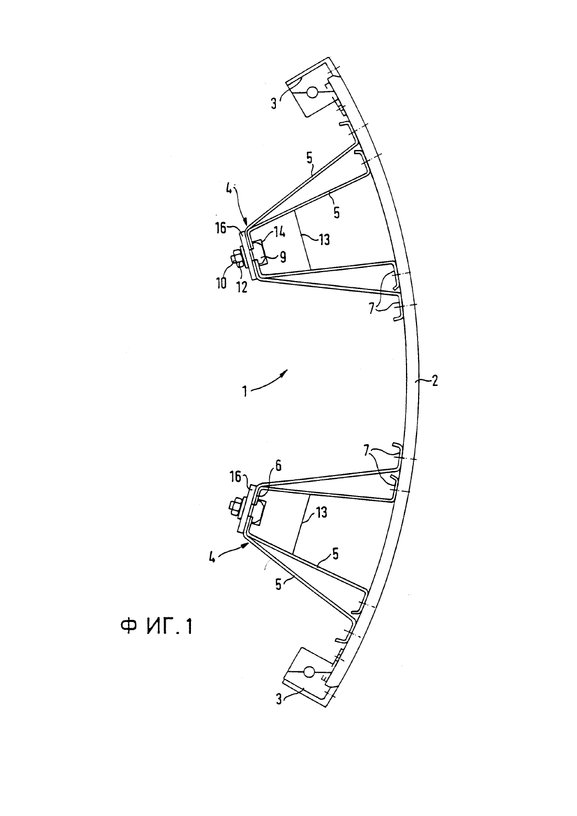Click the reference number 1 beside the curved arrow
[245, 392]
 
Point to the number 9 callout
[283, 257]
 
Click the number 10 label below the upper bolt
[221, 283]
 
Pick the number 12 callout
[242, 287]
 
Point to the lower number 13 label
[320, 513]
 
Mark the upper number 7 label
[371, 309]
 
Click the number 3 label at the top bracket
[274, 103]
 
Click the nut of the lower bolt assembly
[233, 507]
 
